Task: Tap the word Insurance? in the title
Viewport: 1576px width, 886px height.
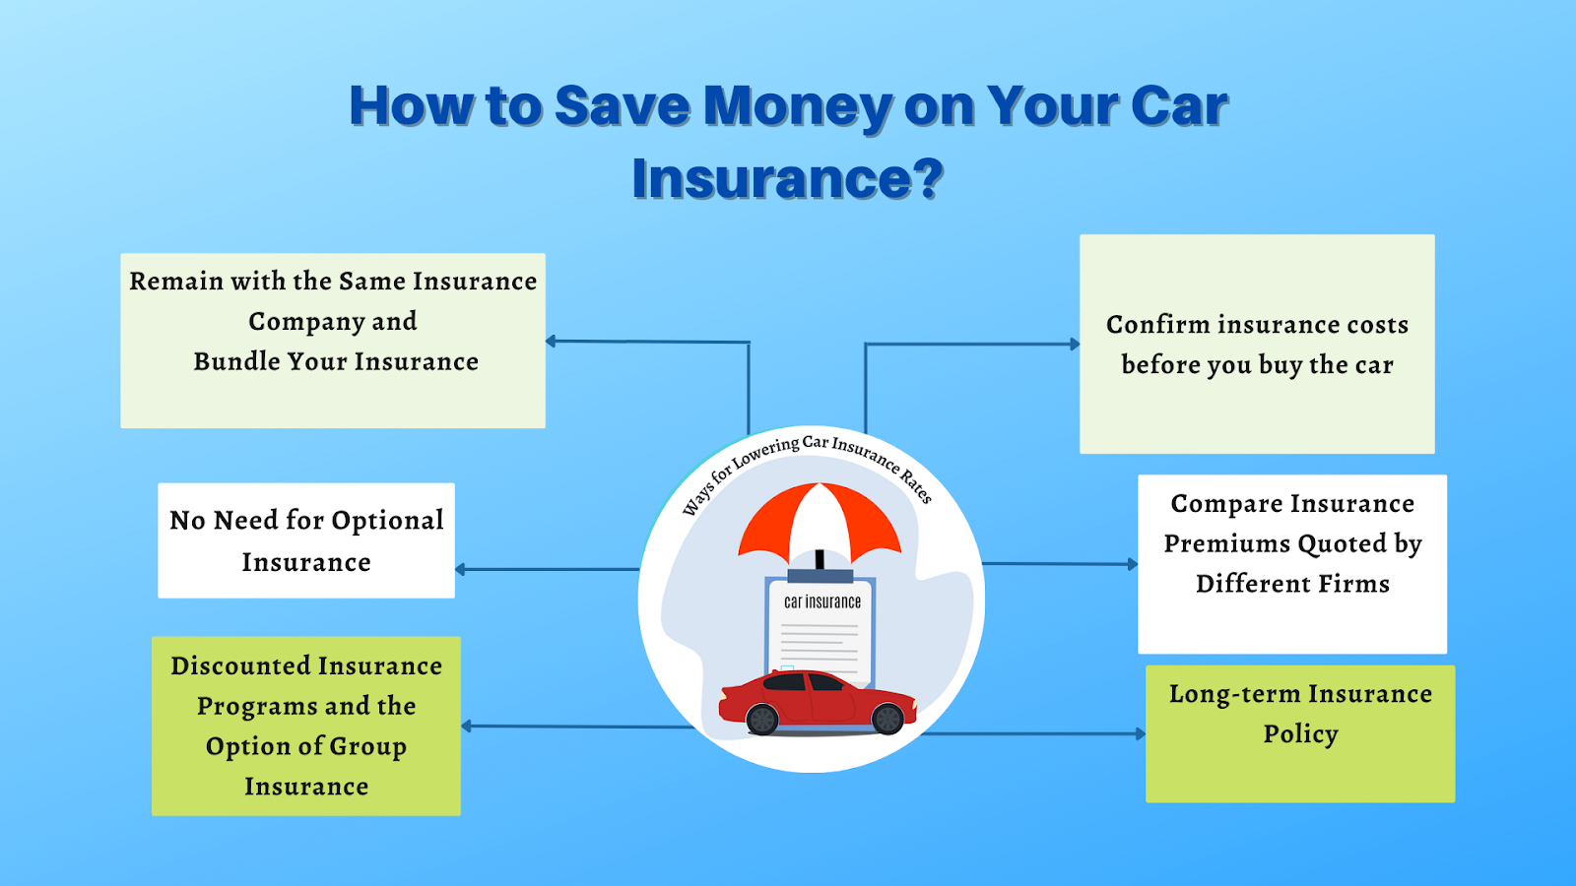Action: (788, 178)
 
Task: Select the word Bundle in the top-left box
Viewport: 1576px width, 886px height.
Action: (235, 361)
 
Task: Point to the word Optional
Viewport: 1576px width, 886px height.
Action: (388, 521)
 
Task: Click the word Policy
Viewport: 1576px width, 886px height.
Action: (1300, 734)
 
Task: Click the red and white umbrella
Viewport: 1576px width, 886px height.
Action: (820, 524)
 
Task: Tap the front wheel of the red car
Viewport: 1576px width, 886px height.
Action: (886, 719)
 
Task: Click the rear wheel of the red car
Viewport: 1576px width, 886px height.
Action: (762, 719)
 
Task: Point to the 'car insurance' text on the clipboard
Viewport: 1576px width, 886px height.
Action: (822, 601)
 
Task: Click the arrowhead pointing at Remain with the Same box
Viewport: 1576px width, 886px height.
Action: (552, 341)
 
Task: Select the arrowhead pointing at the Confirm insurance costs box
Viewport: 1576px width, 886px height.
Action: (1075, 344)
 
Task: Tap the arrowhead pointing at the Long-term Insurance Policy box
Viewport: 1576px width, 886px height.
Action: (1141, 734)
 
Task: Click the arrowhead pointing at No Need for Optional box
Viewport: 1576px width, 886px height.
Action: (461, 570)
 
